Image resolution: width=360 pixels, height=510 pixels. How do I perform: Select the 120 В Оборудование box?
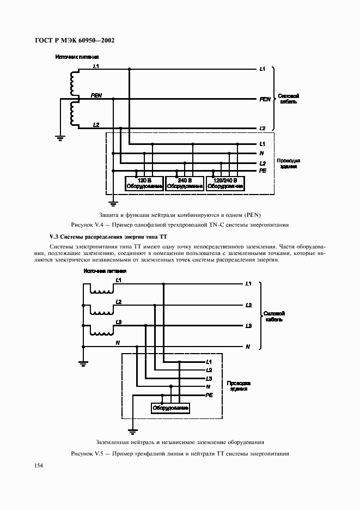pos(144,184)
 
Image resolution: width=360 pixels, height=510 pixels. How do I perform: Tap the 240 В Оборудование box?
pos(185,184)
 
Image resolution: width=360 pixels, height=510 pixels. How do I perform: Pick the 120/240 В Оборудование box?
pos(225,184)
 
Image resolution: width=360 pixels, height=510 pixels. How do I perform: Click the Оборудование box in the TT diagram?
pos(171,408)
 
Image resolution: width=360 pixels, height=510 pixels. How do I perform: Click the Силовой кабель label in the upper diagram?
pos(288,99)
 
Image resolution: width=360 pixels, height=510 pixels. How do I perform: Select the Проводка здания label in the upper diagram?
pos(288,163)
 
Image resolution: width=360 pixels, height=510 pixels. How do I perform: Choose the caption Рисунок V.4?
pos(180,224)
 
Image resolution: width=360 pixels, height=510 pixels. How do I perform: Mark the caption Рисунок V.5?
pos(180,454)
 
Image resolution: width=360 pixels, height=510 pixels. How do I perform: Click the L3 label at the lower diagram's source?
pos(118,322)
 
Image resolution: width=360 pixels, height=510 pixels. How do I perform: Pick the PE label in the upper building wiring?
pos(262,171)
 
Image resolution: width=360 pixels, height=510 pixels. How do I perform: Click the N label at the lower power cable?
pos(248,347)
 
